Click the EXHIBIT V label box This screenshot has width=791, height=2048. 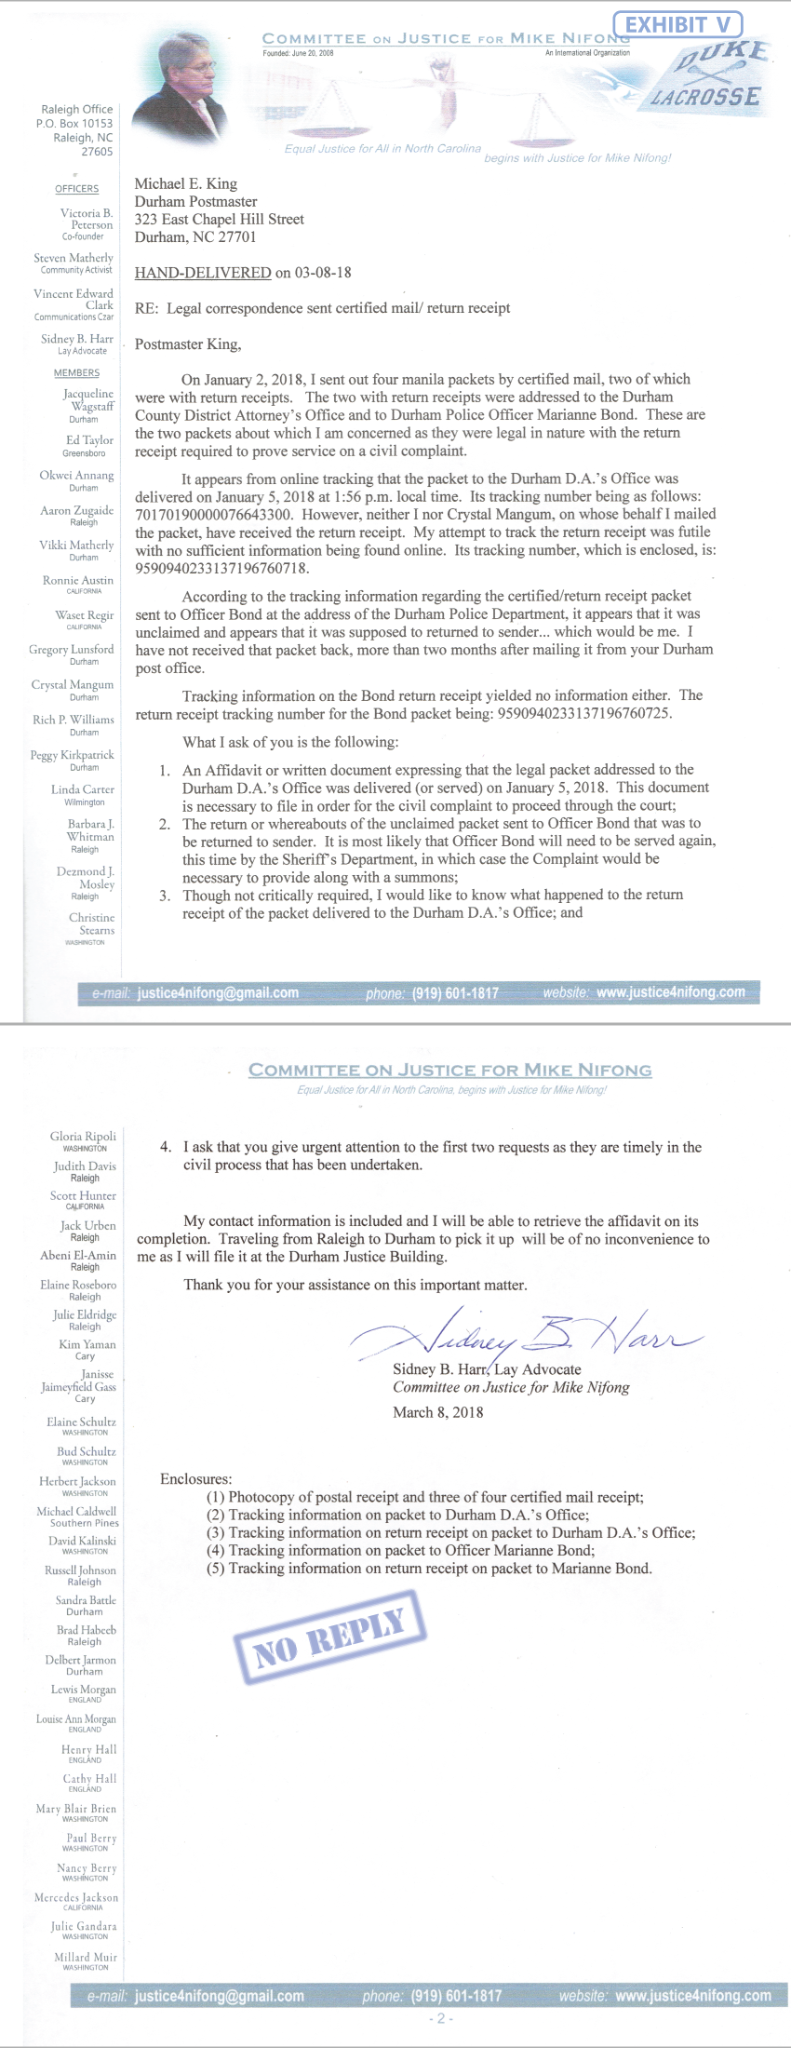677,24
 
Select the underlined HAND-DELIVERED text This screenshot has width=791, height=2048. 203,273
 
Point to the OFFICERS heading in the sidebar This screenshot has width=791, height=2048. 76,189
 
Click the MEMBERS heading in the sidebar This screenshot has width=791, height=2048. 76,373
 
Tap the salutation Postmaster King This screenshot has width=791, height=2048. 188,344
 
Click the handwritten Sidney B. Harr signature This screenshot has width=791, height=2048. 526,1333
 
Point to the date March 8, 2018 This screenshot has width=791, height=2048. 438,1412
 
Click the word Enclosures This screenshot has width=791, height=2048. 196,1479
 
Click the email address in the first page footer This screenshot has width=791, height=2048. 218,992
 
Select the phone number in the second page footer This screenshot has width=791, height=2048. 456,1996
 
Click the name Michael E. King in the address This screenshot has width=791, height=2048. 186,184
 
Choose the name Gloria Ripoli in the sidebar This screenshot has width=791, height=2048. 84,1137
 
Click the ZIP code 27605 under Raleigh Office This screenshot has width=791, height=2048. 97,152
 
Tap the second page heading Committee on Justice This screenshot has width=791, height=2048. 449,1071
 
